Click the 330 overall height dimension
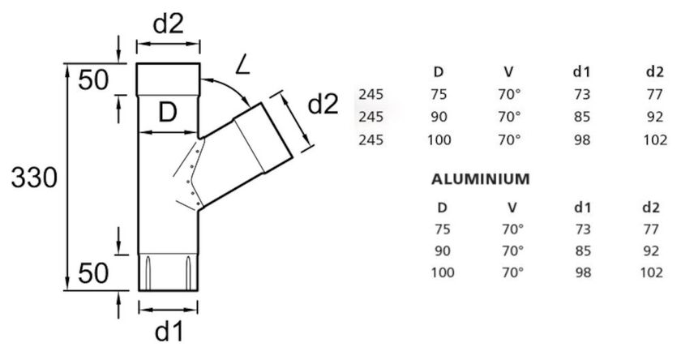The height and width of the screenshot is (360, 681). point(34,178)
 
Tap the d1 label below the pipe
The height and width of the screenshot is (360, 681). point(169,332)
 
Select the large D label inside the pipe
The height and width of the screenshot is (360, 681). point(167,114)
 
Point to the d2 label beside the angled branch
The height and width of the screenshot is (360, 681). point(323,105)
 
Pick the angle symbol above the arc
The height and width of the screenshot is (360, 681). point(241,64)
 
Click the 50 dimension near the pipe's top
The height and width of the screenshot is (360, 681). point(94,79)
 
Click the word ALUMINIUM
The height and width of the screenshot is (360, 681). point(480,178)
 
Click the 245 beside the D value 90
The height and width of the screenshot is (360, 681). point(370,117)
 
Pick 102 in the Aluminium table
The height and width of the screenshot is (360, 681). point(651,272)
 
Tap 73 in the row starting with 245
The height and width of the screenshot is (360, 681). point(581,95)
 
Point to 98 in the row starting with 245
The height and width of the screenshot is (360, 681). point(581,139)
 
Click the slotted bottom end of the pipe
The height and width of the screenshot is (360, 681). point(169,271)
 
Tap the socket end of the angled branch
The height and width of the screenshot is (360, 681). point(263,137)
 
